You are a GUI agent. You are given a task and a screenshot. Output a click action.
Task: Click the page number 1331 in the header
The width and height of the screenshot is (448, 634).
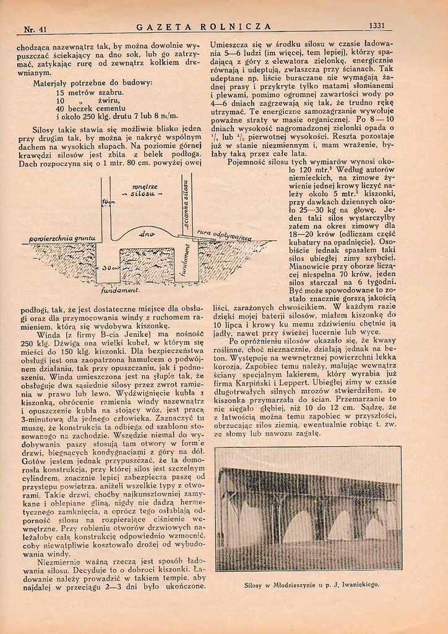377,26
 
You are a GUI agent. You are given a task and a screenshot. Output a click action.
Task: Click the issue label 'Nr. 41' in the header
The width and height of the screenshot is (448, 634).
35,29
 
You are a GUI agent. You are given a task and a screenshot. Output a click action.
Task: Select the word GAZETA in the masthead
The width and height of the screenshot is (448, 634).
163,27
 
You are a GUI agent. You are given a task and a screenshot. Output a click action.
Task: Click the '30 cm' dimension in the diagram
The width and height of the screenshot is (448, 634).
110,267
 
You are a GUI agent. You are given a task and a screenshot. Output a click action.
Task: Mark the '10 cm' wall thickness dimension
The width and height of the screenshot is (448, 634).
110,202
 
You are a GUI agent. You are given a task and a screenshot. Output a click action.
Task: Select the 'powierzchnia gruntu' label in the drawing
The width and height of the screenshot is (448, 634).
62,238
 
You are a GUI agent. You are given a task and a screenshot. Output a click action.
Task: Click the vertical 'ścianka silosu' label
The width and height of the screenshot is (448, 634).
185,201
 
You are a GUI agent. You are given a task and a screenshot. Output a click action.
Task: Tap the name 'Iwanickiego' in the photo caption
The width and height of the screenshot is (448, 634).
358,584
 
